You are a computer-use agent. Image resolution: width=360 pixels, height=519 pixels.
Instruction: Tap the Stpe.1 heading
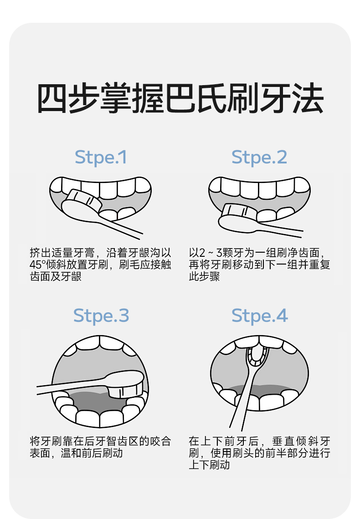coord(101,157)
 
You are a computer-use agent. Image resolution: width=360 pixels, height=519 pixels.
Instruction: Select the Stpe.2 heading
coord(259,157)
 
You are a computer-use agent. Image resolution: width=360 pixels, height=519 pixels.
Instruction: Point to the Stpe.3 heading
coord(101,315)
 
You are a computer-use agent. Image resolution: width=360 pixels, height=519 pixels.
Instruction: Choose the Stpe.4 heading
coord(259,315)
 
